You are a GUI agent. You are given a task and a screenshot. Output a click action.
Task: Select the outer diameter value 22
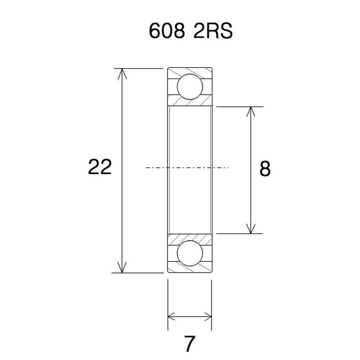100,167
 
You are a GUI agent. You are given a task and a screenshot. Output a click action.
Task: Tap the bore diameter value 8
265,169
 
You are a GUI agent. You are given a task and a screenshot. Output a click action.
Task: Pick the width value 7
189,344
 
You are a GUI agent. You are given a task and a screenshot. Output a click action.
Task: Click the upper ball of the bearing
189,87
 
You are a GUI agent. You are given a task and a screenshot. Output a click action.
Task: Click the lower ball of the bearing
189,253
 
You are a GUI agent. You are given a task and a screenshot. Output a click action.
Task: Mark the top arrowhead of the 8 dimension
251,112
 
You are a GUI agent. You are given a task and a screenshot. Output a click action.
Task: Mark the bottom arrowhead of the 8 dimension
251,229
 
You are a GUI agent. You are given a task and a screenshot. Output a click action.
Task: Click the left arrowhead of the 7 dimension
172,316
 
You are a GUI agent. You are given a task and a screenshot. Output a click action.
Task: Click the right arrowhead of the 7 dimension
207,316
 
